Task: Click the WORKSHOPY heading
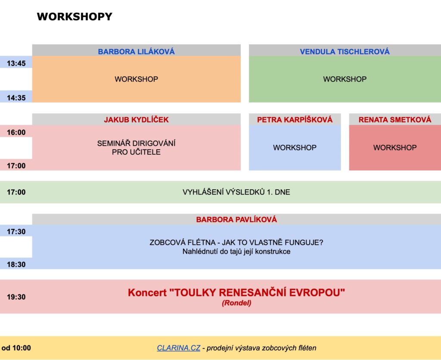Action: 75,17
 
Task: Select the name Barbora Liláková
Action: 137,51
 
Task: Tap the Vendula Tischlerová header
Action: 345,51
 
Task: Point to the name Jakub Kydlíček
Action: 137,119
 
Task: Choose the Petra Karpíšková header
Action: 295,119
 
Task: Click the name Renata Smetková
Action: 395,119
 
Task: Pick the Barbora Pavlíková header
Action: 236,219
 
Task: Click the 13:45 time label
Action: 16,63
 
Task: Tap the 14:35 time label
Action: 16,98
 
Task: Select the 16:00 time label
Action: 16,132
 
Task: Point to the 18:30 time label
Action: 16,264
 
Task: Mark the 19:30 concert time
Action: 16,297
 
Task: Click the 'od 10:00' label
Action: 16,348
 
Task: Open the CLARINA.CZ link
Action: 179,348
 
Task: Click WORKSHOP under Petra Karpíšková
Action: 295,147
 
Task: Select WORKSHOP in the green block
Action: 345,79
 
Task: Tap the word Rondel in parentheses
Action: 236,303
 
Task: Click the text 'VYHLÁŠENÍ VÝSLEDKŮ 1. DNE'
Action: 236,192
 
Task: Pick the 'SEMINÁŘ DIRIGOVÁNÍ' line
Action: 137,143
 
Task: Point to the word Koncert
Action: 147,293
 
